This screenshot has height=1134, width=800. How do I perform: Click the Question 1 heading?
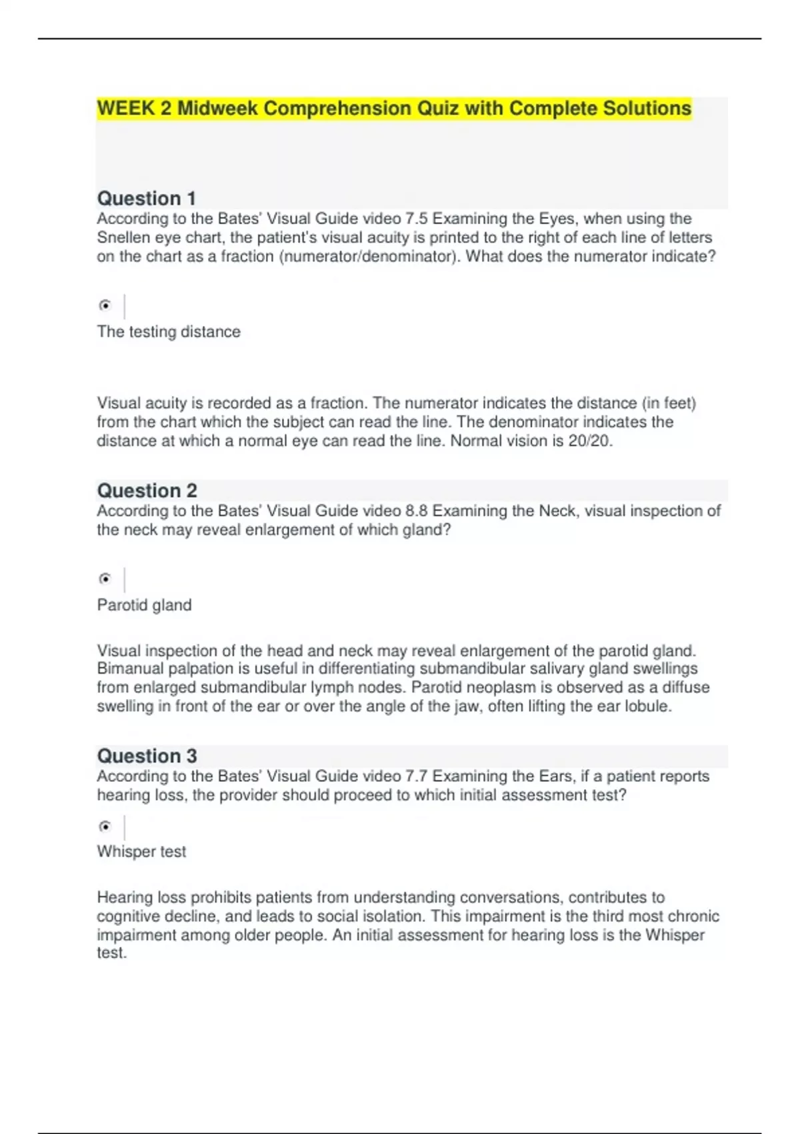[147, 199]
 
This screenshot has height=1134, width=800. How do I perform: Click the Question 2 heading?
[147, 491]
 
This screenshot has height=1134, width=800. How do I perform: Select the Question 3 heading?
[147, 756]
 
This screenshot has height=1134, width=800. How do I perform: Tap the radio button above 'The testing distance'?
[105, 306]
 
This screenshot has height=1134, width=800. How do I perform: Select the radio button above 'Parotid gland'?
[105, 579]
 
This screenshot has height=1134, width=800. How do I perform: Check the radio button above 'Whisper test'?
[105, 827]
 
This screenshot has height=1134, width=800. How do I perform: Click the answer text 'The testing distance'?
[169, 332]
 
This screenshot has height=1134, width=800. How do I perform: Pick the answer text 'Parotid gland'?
[144, 606]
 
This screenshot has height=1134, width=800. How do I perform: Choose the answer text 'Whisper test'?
[141, 852]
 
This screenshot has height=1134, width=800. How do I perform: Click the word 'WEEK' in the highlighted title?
[126, 109]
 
